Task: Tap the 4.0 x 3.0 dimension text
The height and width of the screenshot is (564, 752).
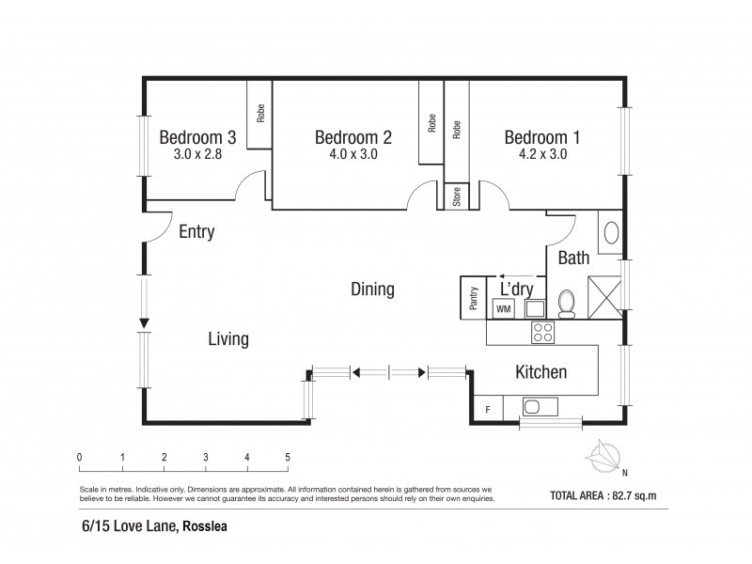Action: (x=352, y=155)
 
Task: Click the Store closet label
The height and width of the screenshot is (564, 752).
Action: (x=457, y=197)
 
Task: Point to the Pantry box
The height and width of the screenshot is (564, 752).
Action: (x=474, y=298)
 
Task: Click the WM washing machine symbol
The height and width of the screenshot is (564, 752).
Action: (x=503, y=308)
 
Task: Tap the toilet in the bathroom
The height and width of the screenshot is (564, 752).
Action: (x=567, y=304)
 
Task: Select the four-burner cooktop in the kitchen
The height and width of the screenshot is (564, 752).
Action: (x=543, y=331)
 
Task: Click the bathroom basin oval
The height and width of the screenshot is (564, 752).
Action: (x=609, y=233)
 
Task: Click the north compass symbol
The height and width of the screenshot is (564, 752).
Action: (x=604, y=458)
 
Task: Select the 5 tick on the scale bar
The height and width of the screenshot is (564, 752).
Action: (x=288, y=458)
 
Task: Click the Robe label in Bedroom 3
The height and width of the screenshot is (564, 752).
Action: (x=260, y=113)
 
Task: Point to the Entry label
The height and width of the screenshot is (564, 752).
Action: (x=196, y=232)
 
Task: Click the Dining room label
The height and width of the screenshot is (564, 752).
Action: (x=372, y=289)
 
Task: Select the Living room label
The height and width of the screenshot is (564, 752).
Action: (x=228, y=338)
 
